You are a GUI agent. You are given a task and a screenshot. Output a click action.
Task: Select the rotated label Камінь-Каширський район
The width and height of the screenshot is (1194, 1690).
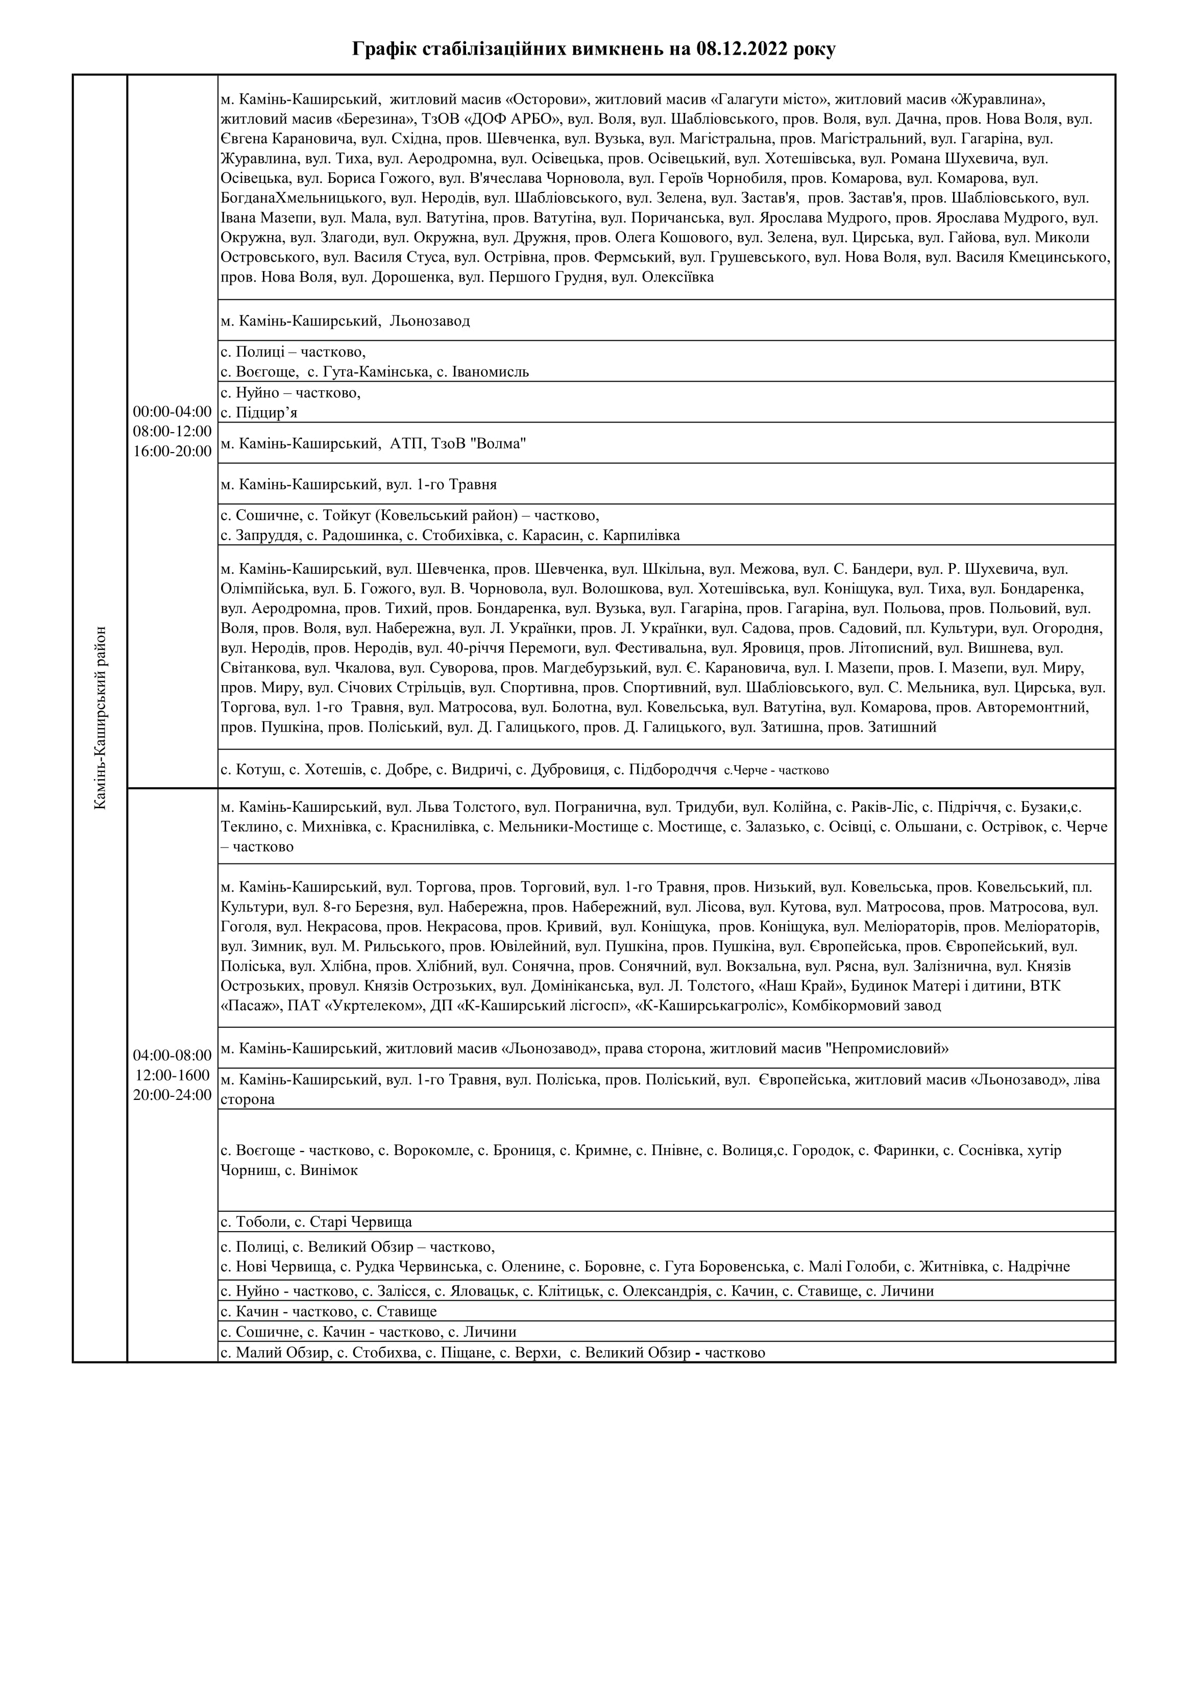pyautogui.click(x=101, y=718)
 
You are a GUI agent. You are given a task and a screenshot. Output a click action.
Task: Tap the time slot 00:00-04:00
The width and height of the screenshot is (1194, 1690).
pyautogui.click(x=172, y=411)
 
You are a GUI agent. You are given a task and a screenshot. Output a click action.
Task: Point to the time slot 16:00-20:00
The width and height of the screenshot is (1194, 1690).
pyautogui.click(x=172, y=451)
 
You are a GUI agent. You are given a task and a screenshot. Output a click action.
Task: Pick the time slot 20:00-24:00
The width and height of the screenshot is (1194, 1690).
pyautogui.click(x=172, y=1094)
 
